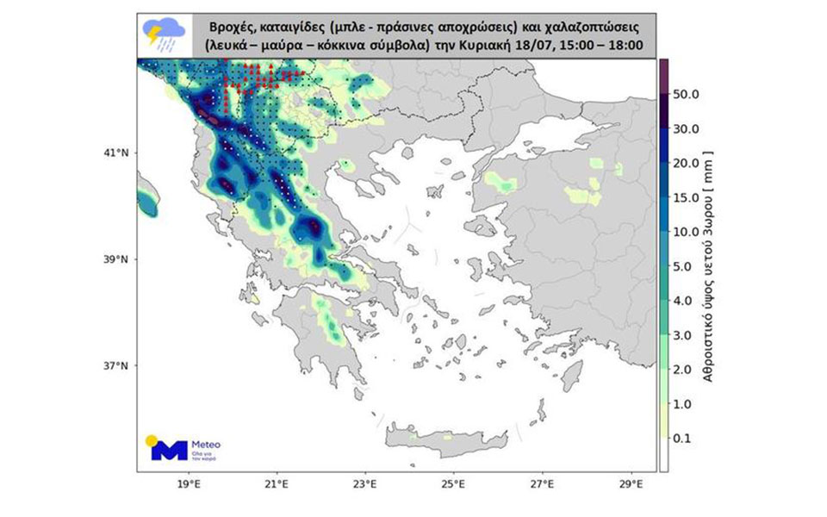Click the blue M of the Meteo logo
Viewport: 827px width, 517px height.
click(167, 449)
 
